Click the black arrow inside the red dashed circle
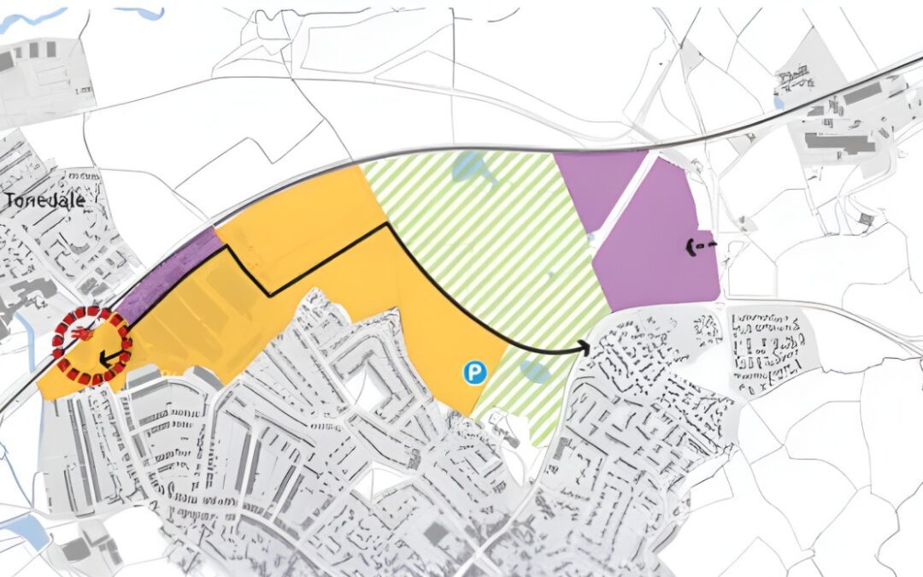tap(107, 358)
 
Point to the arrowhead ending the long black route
tap(585, 346)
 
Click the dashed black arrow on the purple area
tap(699, 247)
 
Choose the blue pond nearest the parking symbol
tap(533, 371)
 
